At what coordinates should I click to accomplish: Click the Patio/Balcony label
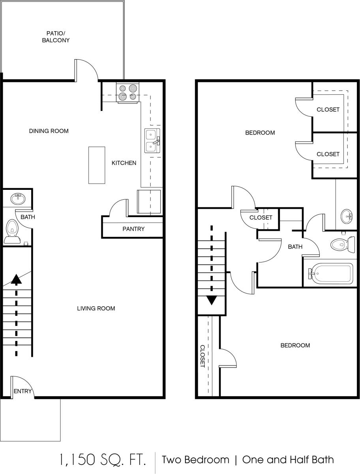point(56,37)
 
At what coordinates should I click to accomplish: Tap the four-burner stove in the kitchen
point(128,92)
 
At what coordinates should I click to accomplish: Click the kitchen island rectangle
point(97,165)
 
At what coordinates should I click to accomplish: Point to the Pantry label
point(133,229)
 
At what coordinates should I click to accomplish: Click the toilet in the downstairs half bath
point(12,231)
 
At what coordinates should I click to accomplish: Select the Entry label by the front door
point(22,391)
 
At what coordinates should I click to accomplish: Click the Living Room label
point(96,308)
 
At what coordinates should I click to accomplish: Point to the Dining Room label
point(49,131)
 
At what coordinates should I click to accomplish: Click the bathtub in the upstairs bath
point(331,273)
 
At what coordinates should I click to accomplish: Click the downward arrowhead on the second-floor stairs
point(212,300)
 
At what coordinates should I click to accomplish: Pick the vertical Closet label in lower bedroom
point(202,356)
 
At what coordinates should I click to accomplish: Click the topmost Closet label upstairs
point(328,109)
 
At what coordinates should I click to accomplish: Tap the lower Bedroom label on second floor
point(295,345)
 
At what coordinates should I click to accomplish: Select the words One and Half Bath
point(288,459)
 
